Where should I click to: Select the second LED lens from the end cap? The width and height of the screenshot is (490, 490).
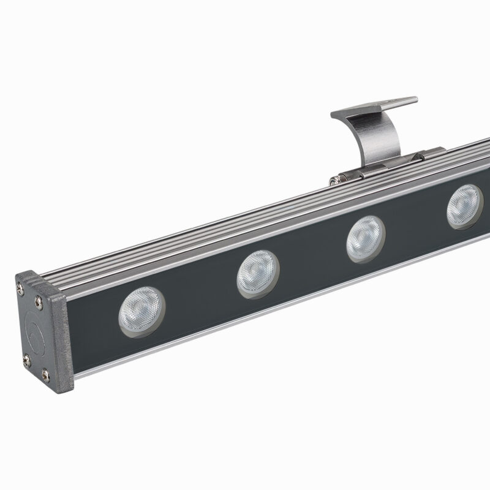(x=258, y=273)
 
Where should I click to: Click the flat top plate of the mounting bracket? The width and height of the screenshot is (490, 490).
(x=374, y=107)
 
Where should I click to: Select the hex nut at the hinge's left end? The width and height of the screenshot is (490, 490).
(x=336, y=179)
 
